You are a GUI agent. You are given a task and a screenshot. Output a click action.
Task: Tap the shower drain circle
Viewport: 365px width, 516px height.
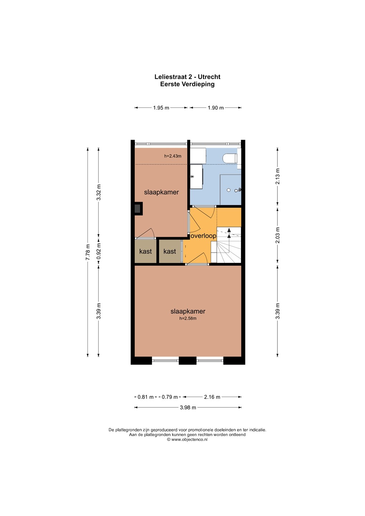229,190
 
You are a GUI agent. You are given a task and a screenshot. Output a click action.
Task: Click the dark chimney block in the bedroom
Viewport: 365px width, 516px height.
139,209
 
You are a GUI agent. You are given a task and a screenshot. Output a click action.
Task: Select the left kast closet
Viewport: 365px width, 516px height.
145,251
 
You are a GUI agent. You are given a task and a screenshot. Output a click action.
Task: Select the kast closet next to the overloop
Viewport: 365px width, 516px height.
170,251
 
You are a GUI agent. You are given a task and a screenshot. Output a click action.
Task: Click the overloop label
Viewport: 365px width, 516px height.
203,236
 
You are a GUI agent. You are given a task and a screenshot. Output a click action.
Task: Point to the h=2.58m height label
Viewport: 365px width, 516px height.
188,319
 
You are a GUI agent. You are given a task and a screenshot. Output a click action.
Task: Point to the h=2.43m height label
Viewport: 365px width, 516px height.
173,156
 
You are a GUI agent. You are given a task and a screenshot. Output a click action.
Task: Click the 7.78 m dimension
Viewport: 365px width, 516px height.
87,252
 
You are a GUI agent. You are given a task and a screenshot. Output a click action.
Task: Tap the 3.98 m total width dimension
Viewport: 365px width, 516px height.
188,407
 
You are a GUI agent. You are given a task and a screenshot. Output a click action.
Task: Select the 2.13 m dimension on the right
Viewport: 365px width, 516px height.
278,176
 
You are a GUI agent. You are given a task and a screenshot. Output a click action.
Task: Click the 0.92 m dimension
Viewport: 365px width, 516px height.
99,252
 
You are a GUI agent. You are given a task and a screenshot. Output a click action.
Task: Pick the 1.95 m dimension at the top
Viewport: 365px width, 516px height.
161,107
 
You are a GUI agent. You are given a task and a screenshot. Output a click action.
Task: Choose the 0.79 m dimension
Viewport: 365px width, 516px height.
170,397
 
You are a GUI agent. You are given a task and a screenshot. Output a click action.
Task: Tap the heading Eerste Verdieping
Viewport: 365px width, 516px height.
187,84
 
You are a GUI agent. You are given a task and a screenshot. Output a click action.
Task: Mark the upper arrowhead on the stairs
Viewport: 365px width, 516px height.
229,230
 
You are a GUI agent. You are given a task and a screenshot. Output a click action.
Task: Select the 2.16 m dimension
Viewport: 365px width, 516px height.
212,397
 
